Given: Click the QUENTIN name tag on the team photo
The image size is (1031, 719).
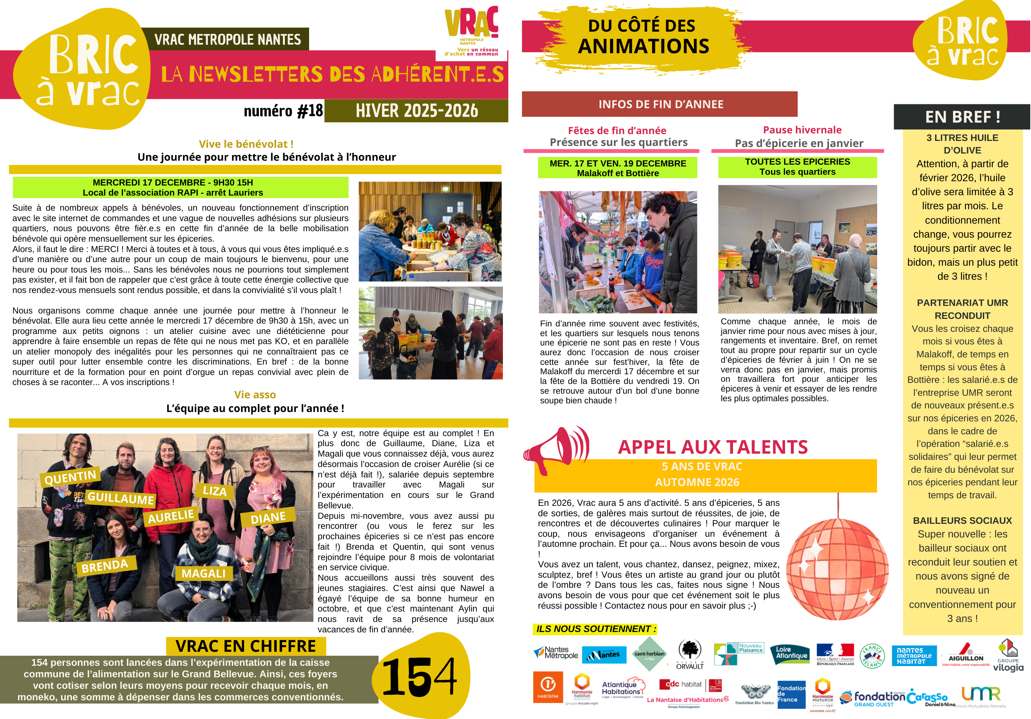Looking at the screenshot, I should tap(70, 477).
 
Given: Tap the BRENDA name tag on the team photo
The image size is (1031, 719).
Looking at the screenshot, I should tap(105, 565).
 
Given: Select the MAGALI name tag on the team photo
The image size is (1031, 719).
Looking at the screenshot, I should tap(203, 573).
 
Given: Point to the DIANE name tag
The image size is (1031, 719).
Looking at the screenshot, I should tap(268, 518).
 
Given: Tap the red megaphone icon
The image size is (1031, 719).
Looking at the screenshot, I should tap(555, 449).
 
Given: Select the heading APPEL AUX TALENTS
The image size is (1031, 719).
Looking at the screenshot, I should tap(712, 447).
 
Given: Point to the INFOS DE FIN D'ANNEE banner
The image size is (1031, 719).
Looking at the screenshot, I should tap(660, 104).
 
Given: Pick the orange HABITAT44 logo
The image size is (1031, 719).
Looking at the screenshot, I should tap(548, 687).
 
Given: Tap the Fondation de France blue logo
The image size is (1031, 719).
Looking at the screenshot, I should tap(791, 694).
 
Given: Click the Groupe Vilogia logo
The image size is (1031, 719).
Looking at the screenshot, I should tap(1008, 656).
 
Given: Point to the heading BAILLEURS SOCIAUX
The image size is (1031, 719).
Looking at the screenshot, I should tap(962, 521).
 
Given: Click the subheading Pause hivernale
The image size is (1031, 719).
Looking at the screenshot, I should tap(802, 130).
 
